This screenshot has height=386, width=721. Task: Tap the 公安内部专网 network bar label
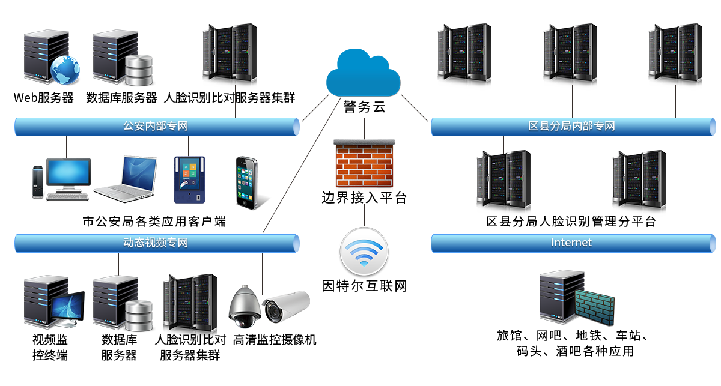point(156,126)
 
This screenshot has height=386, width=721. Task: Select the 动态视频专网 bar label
point(156,243)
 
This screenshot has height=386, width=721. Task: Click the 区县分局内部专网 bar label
point(571,126)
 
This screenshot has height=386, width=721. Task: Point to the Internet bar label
point(571,243)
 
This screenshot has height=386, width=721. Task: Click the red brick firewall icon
point(364,165)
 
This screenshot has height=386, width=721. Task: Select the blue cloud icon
point(363,73)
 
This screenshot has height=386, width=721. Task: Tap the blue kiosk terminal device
point(190,179)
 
